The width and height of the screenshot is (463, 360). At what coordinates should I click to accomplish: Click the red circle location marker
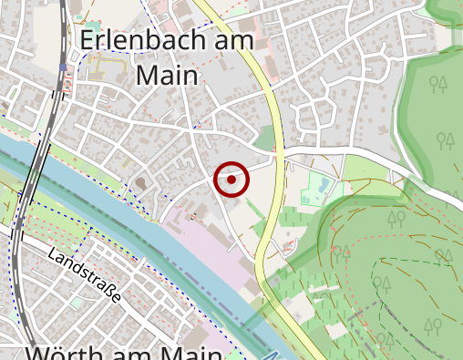(x=231, y=180)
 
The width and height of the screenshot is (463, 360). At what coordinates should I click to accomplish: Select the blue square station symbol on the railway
(x=62, y=67)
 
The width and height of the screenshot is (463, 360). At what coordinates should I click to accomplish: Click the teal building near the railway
(x=91, y=19)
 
